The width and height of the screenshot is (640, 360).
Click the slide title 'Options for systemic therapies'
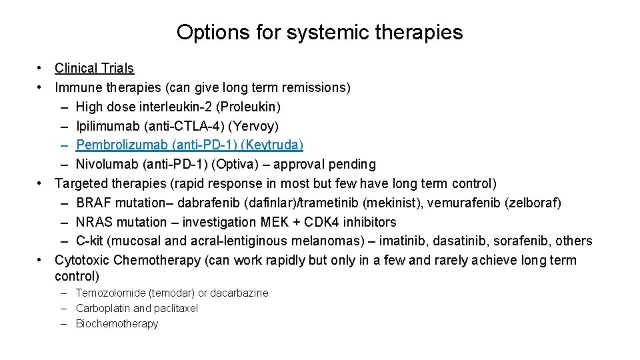(x=319, y=32)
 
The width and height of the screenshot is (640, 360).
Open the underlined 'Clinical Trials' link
(x=94, y=68)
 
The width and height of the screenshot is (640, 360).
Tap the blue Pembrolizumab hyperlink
(x=189, y=145)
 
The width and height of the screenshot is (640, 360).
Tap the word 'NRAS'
(x=95, y=222)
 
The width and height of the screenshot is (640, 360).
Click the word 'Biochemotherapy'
(x=117, y=323)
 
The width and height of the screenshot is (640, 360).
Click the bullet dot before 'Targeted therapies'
(x=41, y=183)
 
